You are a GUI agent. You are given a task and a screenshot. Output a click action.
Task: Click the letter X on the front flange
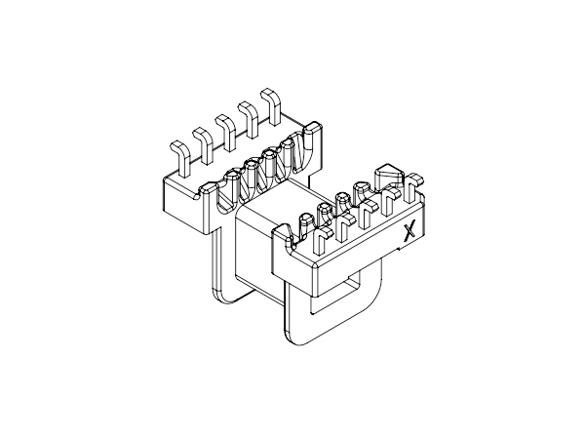pyautogui.click(x=409, y=232)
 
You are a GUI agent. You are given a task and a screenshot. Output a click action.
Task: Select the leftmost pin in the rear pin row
pyautogui.click(x=181, y=158)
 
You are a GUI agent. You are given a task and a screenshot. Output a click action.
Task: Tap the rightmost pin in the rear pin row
pyautogui.click(x=273, y=106)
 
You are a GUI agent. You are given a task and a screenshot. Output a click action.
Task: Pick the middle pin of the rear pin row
pyautogui.click(x=227, y=132)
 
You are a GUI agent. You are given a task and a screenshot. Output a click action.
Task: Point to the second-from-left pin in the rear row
pyautogui.click(x=205, y=144)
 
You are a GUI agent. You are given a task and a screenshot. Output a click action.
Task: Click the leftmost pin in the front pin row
pyautogui.click(x=321, y=241)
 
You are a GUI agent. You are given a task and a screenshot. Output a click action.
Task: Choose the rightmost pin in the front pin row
pyautogui.click(x=412, y=186)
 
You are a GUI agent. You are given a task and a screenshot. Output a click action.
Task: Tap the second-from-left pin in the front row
pyautogui.click(x=343, y=227)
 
